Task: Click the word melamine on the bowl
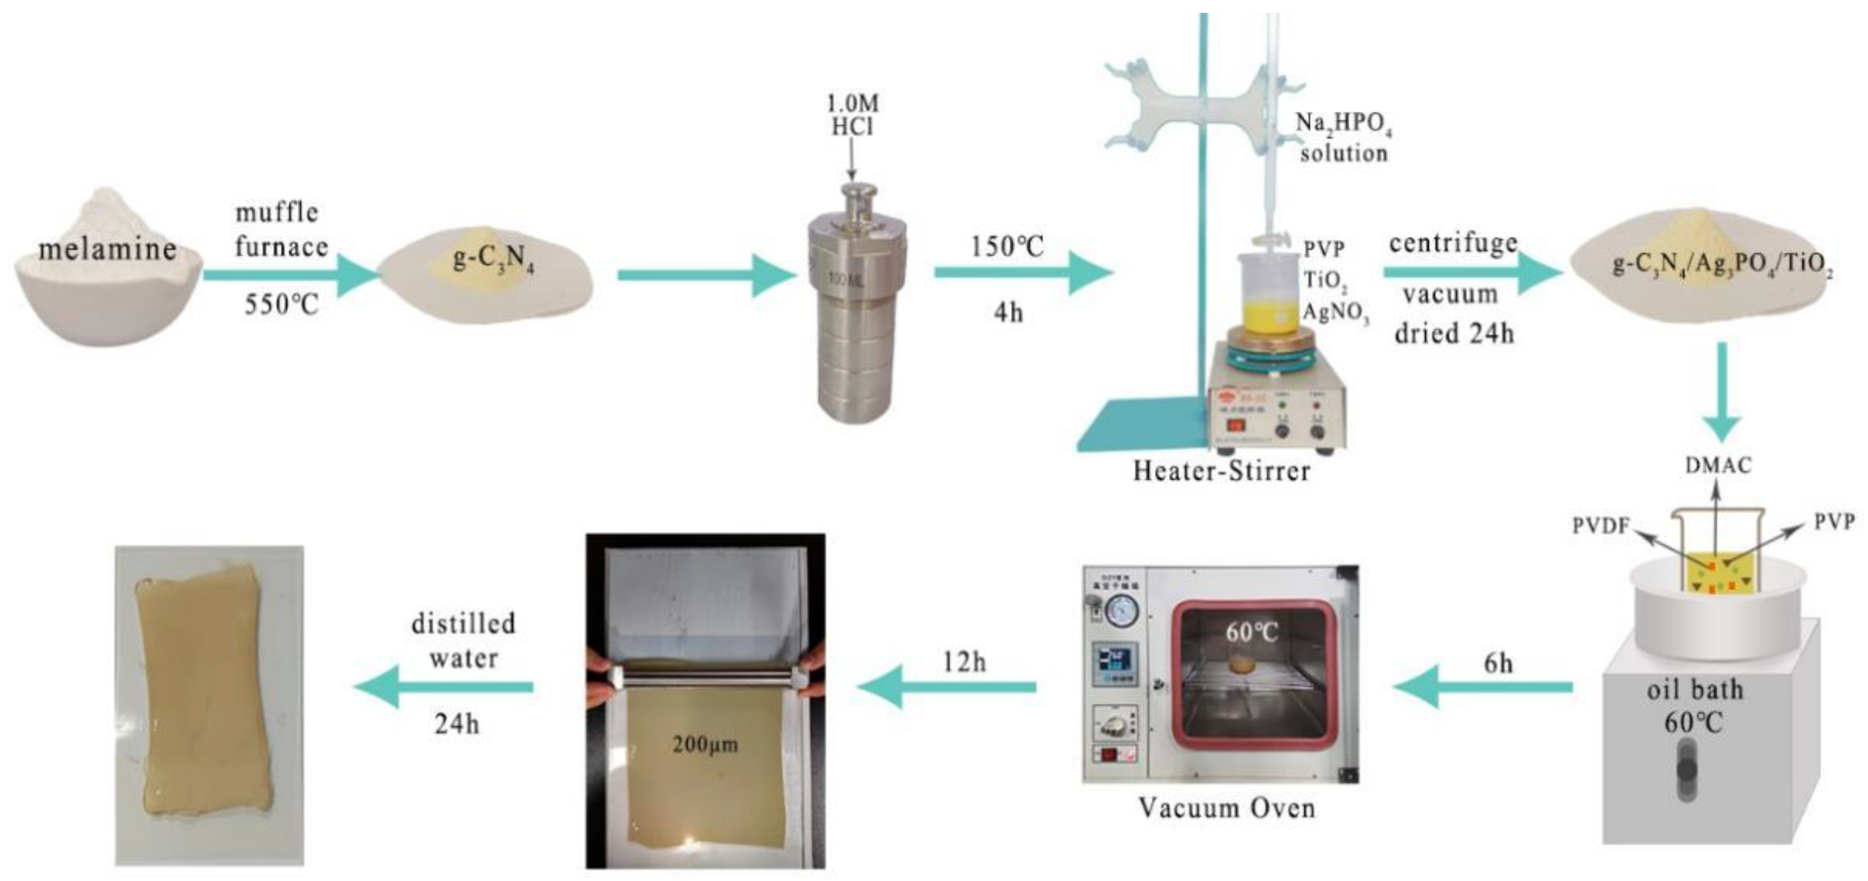click(x=107, y=250)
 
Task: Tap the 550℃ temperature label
click(x=281, y=305)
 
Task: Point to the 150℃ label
click(x=1008, y=247)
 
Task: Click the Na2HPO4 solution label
click(x=1343, y=138)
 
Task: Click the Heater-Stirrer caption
click(x=1222, y=471)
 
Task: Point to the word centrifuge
click(x=1452, y=244)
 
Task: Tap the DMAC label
click(x=1718, y=465)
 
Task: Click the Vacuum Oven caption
click(x=1226, y=808)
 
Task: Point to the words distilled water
click(x=463, y=641)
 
